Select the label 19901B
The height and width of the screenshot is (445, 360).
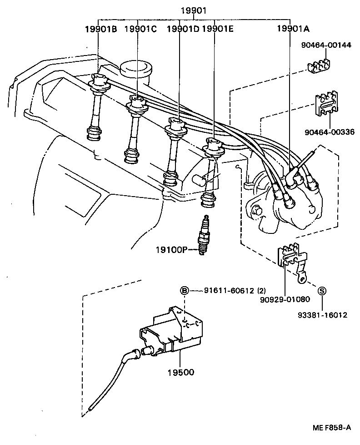point(101,29)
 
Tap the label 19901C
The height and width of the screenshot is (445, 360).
point(140,29)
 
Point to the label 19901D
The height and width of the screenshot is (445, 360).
point(183,29)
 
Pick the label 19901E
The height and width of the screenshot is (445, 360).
point(217,29)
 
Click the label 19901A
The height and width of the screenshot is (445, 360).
point(293,29)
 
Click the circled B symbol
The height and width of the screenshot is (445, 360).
point(185,290)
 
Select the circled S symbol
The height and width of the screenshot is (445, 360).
point(321,291)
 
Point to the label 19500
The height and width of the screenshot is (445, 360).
point(180,372)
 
